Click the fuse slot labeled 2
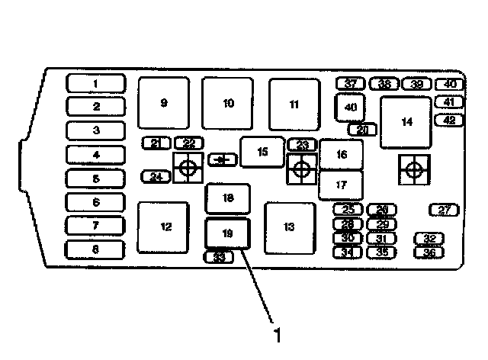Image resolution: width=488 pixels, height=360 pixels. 96,106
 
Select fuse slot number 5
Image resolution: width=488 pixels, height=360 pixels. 96,178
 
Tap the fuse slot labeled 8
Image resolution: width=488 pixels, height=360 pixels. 96,249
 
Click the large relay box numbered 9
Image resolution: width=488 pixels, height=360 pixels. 163,102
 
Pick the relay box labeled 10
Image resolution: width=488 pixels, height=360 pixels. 228,102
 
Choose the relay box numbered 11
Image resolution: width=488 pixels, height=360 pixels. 294,104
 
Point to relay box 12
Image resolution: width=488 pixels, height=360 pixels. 163,227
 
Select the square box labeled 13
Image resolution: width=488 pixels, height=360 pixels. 289,227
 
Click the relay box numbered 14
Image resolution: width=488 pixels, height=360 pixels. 406,122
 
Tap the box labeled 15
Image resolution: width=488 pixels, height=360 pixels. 262,152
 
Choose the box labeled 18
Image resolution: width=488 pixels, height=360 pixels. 228,198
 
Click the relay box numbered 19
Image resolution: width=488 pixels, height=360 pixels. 228,232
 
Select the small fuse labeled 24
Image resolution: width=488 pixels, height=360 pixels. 156,177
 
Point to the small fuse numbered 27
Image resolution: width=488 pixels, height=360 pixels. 444,210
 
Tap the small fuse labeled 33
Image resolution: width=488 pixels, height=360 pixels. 219,257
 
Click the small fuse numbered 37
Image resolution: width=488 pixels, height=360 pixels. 351,83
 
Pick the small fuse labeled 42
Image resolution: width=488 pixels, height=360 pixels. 448,119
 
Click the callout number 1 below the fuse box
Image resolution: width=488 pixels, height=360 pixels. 278,334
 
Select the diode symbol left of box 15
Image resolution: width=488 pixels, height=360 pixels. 222,159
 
